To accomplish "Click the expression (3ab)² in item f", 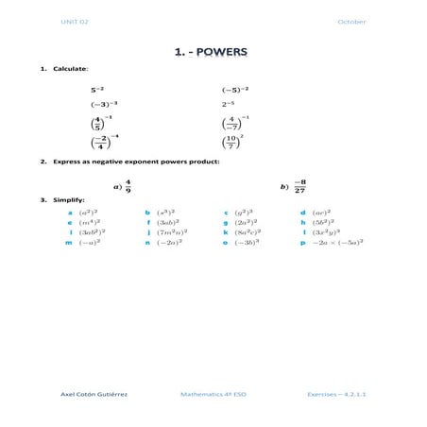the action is pyautogui.click(x=167, y=222).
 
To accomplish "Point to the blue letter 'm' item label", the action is pyautogui.click(x=69, y=243).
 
